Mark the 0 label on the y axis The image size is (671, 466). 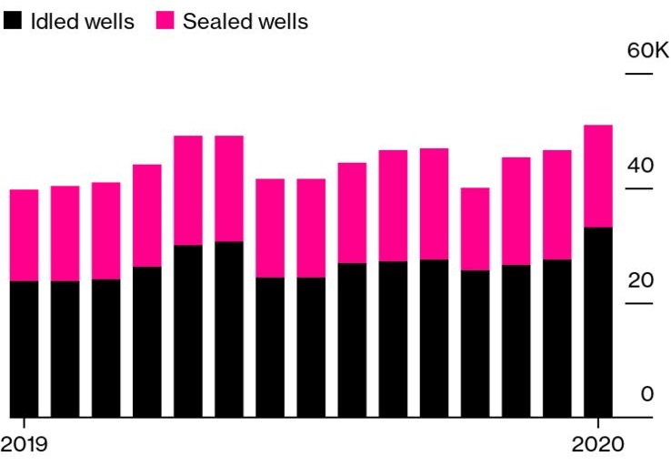[x=646, y=394]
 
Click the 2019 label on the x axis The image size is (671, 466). [x=25, y=446]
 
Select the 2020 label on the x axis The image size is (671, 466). [x=597, y=446]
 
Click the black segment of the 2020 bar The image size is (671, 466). [x=597, y=322]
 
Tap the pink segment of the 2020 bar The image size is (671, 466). [x=597, y=176]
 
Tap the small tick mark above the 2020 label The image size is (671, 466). [x=598, y=424]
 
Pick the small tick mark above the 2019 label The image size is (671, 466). [x=23, y=424]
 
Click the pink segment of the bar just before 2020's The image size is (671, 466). [x=556, y=205]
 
